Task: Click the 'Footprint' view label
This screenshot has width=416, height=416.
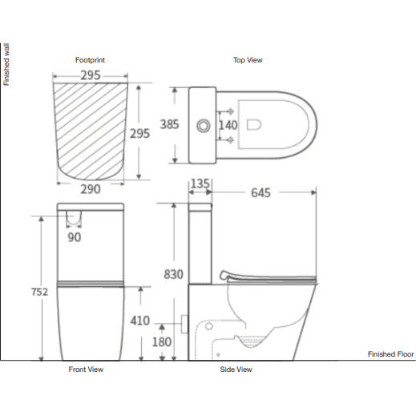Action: click(x=91, y=60)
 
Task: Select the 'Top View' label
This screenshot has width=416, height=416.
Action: click(x=248, y=60)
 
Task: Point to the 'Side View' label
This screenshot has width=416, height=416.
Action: click(x=236, y=370)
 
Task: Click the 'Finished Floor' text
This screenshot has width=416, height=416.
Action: click(x=390, y=353)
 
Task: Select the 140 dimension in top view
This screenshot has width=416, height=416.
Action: click(x=228, y=125)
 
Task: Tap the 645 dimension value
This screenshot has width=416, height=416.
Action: click(x=260, y=193)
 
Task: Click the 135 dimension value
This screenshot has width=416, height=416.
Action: click(x=200, y=184)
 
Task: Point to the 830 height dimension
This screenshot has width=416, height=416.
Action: click(x=173, y=273)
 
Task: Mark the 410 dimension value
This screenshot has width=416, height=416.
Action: click(x=139, y=321)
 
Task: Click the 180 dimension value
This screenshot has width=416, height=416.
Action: click(x=162, y=342)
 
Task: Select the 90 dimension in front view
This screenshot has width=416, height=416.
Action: click(x=74, y=237)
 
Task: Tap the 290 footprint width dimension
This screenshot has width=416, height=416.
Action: click(x=90, y=189)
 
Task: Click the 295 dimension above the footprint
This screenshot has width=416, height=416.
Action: click(x=89, y=75)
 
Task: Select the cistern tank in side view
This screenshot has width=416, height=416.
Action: click(x=200, y=244)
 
